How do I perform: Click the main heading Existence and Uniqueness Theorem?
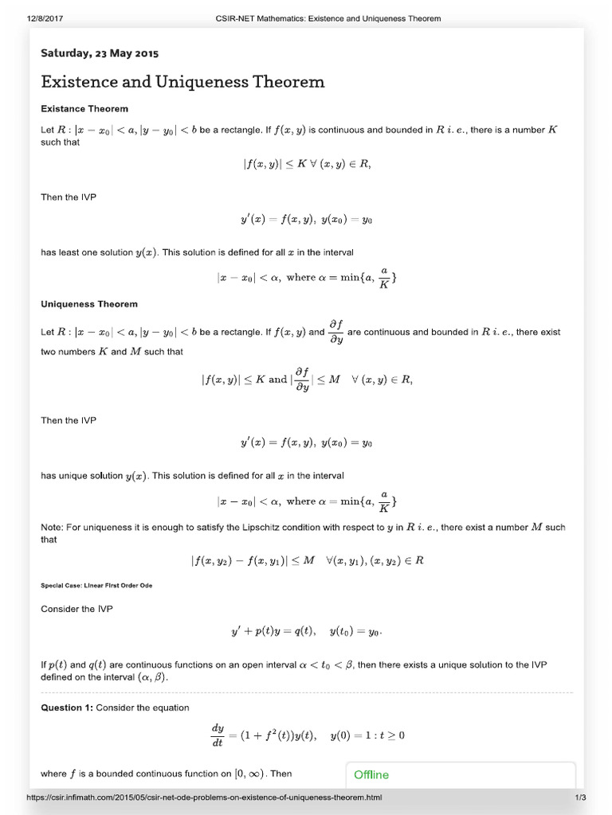click(182, 82)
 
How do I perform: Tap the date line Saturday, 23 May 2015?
click(100, 53)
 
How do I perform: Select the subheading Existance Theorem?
click(84, 108)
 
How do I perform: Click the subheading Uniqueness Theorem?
click(89, 304)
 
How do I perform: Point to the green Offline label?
click(371, 774)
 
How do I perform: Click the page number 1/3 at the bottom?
click(580, 797)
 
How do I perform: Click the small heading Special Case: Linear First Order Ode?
click(96, 585)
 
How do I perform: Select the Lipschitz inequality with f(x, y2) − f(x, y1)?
click(307, 560)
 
